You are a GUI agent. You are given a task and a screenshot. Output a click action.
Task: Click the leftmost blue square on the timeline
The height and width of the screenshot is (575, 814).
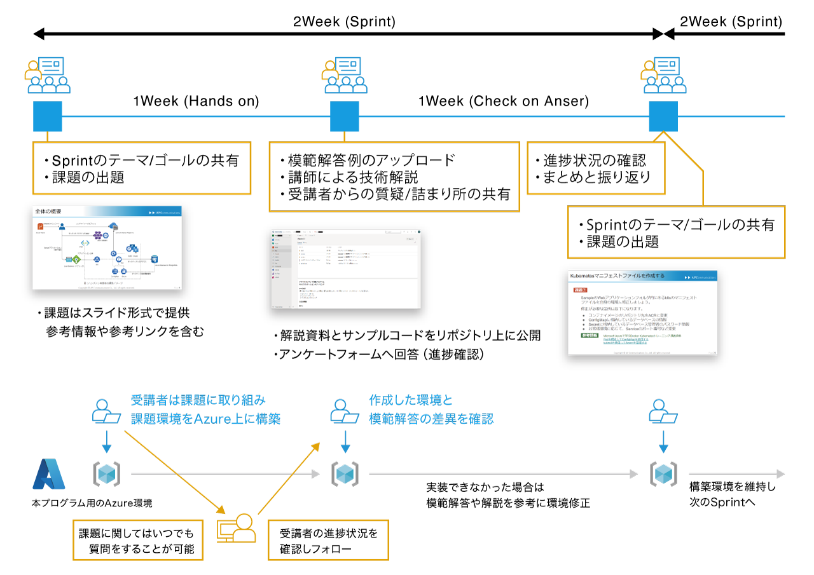[x=48, y=116]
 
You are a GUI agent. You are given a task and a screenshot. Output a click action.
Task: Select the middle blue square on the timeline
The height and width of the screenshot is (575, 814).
[x=345, y=116]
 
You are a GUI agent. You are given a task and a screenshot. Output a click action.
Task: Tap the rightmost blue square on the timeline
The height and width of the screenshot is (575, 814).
[x=663, y=116]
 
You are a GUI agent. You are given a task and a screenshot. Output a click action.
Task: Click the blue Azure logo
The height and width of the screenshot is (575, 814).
[x=49, y=474]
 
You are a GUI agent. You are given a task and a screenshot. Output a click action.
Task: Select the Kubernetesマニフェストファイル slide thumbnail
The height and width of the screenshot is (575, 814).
[x=642, y=313]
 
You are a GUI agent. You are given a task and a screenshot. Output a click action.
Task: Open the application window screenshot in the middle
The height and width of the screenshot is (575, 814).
[x=346, y=269]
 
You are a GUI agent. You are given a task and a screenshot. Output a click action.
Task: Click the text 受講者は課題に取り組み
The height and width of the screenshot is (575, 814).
[x=198, y=400]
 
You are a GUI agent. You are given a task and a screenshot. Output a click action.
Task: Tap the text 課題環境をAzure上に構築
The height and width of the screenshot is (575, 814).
[x=205, y=419]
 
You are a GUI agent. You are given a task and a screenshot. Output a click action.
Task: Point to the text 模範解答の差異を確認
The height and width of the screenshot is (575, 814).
[x=431, y=419]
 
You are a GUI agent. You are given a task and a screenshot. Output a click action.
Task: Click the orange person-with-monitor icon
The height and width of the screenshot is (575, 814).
[x=237, y=528]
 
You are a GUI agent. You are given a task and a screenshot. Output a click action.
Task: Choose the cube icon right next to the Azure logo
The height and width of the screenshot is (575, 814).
[x=106, y=474]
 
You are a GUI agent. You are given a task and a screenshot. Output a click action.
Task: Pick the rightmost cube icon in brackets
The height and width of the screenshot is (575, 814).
[x=663, y=474]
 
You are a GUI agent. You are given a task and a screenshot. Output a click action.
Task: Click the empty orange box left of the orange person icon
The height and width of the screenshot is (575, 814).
[x=138, y=540]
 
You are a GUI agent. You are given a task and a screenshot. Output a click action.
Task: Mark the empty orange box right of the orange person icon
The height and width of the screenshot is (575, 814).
[x=328, y=540]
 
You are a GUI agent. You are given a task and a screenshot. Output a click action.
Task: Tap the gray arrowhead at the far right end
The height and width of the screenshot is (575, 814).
[x=781, y=474]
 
